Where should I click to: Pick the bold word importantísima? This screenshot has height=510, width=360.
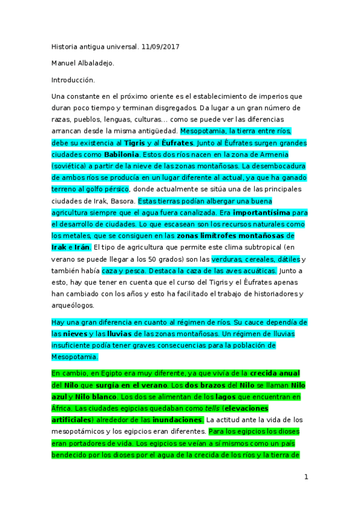pyautogui.click(x=262, y=212)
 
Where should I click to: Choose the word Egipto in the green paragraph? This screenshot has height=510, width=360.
pyautogui.click(x=109, y=373)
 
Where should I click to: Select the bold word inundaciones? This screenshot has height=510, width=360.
pyautogui.click(x=178, y=419)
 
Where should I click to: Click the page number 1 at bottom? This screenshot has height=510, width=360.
pyautogui.click(x=306, y=478)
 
